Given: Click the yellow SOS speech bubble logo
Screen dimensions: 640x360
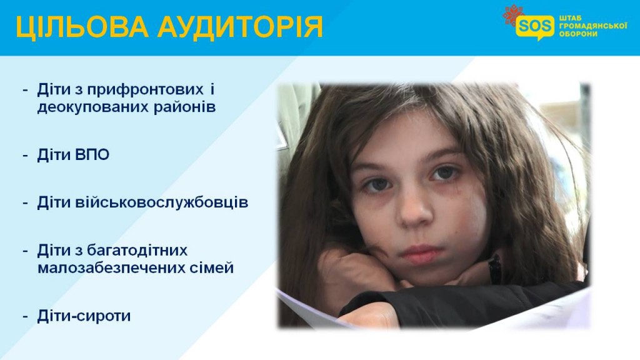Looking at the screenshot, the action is (535, 27).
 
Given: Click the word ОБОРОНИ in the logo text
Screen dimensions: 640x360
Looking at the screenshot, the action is (578, 34).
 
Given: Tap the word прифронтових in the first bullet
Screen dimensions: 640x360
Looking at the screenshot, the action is (145, 90).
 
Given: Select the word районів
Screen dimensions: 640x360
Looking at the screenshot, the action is (184, 107).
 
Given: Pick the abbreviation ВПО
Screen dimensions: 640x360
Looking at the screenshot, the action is (92, 155).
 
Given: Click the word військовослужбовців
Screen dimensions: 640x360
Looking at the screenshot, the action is (162, 203).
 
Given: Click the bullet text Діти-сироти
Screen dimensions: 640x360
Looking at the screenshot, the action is (84, 316).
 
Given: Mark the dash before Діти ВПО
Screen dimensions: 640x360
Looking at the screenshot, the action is (26, 156).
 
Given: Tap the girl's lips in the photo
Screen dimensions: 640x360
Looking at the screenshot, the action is (421, 254).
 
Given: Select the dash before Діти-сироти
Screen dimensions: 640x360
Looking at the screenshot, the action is (26, 317).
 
